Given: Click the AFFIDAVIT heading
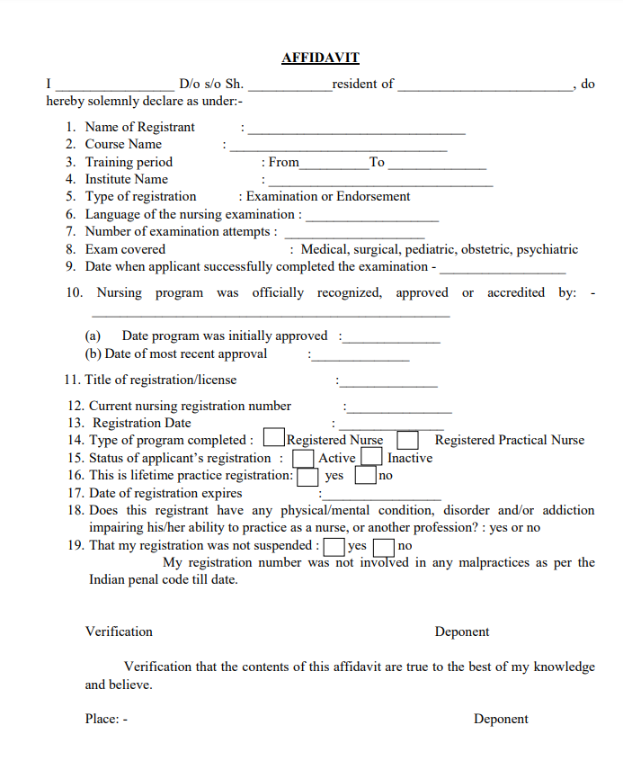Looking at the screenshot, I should [x=320, y=58].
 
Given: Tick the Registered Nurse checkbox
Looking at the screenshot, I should [x=274, y=439].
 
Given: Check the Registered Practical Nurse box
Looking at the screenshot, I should [x=408, y=440].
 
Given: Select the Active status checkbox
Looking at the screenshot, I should [x=304, y=458].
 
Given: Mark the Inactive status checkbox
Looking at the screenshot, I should [x=372, y=458].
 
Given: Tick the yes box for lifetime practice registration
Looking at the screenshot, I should [x=308, y=475].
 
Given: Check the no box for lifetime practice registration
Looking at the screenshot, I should [x=366, y=475].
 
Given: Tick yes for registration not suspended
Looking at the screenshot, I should [x=334, y=546].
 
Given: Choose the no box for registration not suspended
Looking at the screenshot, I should [x=384, y=546].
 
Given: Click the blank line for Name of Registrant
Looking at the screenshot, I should [x=357, y=131].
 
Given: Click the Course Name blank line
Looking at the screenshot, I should [x=338, y=148].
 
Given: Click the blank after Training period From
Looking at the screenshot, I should [x=334, y=166].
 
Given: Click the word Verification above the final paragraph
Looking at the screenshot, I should [x=119, y=631].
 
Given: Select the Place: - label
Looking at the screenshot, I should [x=106, y=719].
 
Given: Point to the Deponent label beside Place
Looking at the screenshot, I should [x=501, y=719].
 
